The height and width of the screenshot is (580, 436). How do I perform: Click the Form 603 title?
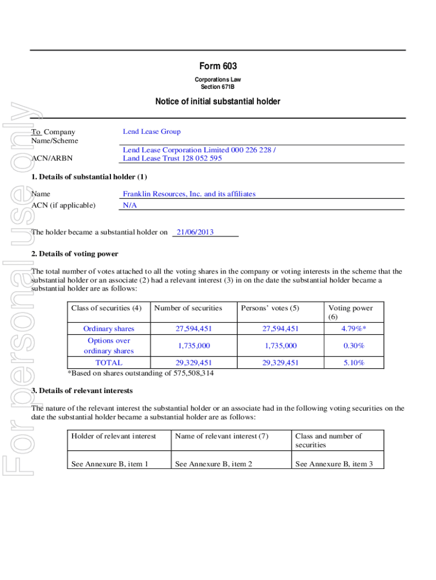[x=217, y=67]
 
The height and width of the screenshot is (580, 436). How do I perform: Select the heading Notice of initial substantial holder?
[x=217, y=102]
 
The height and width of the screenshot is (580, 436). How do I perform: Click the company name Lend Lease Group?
[x=152, y=132]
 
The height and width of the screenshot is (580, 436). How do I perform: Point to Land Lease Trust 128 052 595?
[x=173, y=159]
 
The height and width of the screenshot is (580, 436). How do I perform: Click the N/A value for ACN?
[x=130, y=206]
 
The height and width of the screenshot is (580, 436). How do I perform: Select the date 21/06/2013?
[x=195, y=232]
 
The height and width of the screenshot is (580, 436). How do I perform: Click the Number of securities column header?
[x=188, y=308]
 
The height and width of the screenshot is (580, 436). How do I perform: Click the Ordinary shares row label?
[x=109, y=329]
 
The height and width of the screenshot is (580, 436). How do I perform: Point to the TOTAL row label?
[x=109, y=362]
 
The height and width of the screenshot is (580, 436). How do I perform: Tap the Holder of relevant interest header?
[x=113, y=436]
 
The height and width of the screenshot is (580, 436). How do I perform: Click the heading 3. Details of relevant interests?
[x=82, y=391]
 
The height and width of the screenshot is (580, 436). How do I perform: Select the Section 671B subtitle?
[x=217, y=87]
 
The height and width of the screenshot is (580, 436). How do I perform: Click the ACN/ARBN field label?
[x=52, y=159]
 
